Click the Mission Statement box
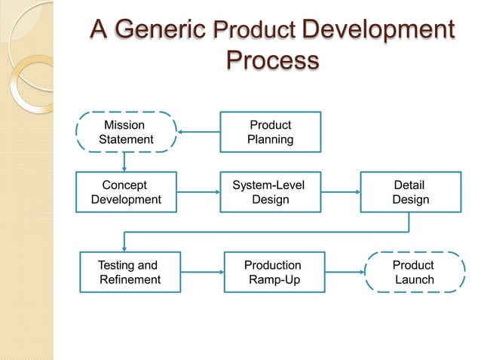(126, 132)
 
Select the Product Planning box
(270, 132)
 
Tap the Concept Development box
(126, 192)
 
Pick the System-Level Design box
(270, 192)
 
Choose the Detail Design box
(410, 192)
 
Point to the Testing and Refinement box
(129, 272)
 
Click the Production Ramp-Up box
(274, 272)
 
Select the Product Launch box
(414, 272)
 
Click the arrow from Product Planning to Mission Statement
(198, 133)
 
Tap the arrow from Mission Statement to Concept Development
(124, 161)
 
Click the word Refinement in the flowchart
(130, 279)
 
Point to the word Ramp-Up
(274, 279)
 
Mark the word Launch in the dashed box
(415, 279)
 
